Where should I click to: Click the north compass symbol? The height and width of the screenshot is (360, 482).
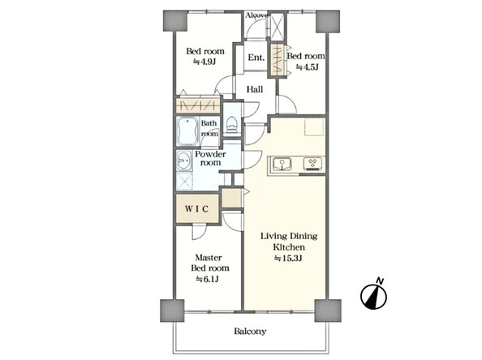[374, 294]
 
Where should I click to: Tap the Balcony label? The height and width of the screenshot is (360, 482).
[250, 331]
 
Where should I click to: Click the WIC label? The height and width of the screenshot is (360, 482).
[196, 209]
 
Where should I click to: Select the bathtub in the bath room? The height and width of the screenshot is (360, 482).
[187, 132]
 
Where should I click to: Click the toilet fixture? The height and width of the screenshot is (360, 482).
[231, 124]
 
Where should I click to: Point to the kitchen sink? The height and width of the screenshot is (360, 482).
[282, 164]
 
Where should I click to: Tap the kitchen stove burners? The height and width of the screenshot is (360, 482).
[313, 164]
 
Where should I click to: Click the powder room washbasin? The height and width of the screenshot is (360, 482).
[184, 161]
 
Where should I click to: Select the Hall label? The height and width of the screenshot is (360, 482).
[255, 89]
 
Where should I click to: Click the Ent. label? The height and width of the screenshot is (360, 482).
[256, 58]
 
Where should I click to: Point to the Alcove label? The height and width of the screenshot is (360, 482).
[257, 15]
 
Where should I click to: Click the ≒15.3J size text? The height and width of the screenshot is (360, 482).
[288, 258]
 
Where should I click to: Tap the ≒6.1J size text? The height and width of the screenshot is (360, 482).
[208, 279]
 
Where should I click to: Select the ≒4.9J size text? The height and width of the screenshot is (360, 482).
[204, 62]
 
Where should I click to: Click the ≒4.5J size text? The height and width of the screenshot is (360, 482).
[307, 66]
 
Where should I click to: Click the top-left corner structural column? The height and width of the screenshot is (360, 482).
[175, 20]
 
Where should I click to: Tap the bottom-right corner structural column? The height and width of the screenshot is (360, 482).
[328, 311]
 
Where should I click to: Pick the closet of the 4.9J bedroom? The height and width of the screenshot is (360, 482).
[198, 105]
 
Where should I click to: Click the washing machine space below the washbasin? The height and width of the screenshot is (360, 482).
[184, 182]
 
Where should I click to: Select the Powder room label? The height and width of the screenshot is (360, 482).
[210, 158]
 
